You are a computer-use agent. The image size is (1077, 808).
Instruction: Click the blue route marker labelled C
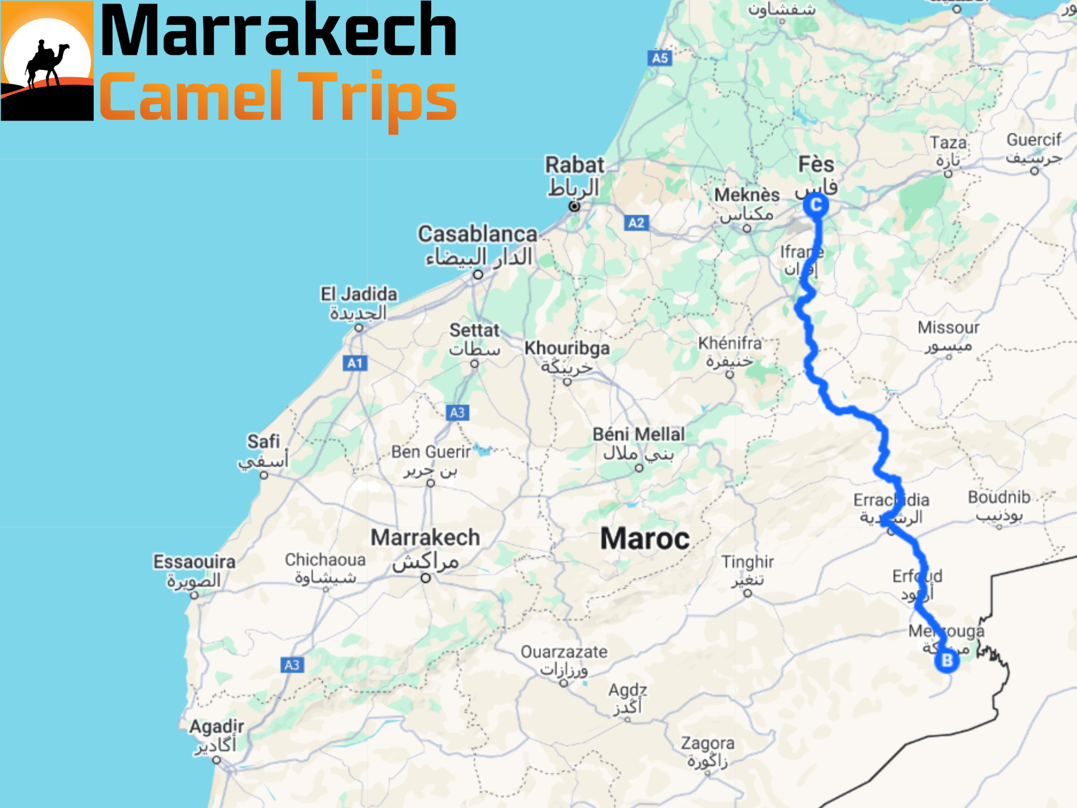pyautogui.click(x=816, y=205)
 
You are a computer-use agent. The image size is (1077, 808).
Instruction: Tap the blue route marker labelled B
pyautogui.click(x=947, y=660)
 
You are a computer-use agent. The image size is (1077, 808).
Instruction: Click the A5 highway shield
pyautogui.click(x=660, y=58)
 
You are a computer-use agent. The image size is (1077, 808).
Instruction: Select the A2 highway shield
pyautogui.click(x=636, y=223)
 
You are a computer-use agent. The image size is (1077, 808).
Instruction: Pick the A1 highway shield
pyautogui.click(x=355, y=363)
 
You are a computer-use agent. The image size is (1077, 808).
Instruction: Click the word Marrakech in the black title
pyautogui.click(x=279, y=31)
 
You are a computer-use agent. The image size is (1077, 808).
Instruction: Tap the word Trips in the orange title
pyautogui.click(x=378, y=97)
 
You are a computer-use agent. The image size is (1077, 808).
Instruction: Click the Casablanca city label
pyautogui.click(x=477, y=234)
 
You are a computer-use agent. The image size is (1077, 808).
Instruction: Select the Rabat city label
pyautogui.click(x=574, y=165)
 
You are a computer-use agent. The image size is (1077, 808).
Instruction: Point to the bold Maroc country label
pyautogui.click(x=645, y=539)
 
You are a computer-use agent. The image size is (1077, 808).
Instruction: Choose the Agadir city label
pyautogui.click(x=217, y=727)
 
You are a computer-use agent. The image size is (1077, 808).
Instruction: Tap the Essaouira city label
pyautogui.click(x=194, y=562)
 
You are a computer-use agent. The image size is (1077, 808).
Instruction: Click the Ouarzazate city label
pyautogui.click(x=564, y=652)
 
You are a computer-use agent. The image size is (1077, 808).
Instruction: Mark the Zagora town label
pyautogui.click(x=707, y=743)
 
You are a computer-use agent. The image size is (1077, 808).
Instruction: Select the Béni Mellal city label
pyautogui.click(x=638, y=435)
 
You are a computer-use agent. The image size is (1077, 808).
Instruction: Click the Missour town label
pyautogui.click(x=948, y=328)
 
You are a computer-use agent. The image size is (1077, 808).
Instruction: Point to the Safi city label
pyautogui.click(x=263, y=441)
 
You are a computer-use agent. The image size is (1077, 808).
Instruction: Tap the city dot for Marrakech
pyautogui.click(x=426, y=578)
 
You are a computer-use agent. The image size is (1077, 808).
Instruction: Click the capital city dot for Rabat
pyautogui.click(x=574, y=206)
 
